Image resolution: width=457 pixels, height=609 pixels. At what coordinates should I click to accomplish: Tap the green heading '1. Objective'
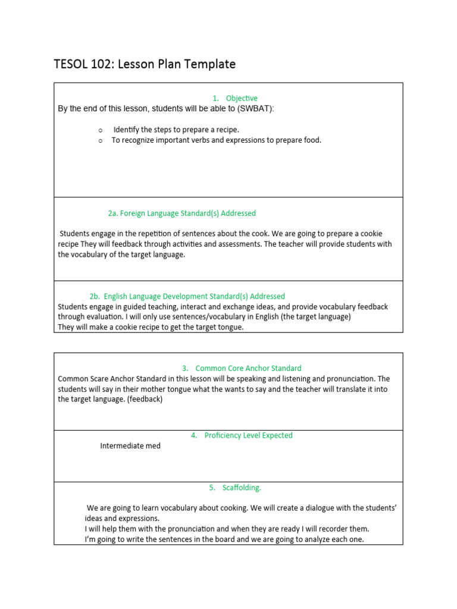tap(235, 98)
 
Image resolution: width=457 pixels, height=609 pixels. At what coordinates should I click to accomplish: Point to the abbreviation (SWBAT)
tap(255, 108)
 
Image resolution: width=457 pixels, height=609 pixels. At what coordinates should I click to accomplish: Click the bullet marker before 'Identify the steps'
tap(101, 130)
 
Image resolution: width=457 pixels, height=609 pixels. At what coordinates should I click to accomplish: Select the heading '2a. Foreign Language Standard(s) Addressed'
tap(181, 213)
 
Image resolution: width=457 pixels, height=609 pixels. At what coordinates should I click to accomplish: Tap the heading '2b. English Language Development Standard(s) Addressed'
tap(187, 296)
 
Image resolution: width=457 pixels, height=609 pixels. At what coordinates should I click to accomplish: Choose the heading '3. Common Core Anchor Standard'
tap(242, 368)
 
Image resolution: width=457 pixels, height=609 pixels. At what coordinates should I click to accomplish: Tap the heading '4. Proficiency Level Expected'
tap(242, 435)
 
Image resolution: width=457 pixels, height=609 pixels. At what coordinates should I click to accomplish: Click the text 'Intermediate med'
tap(130, 446)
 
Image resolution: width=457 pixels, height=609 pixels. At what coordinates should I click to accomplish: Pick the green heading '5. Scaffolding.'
tap(234, 488)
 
